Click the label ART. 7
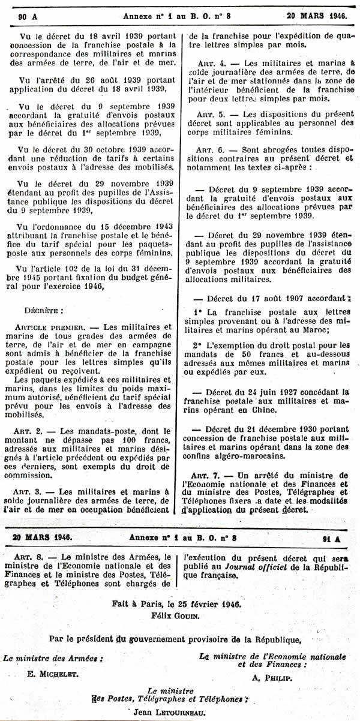pyautogui.click(x=212, y=477)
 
